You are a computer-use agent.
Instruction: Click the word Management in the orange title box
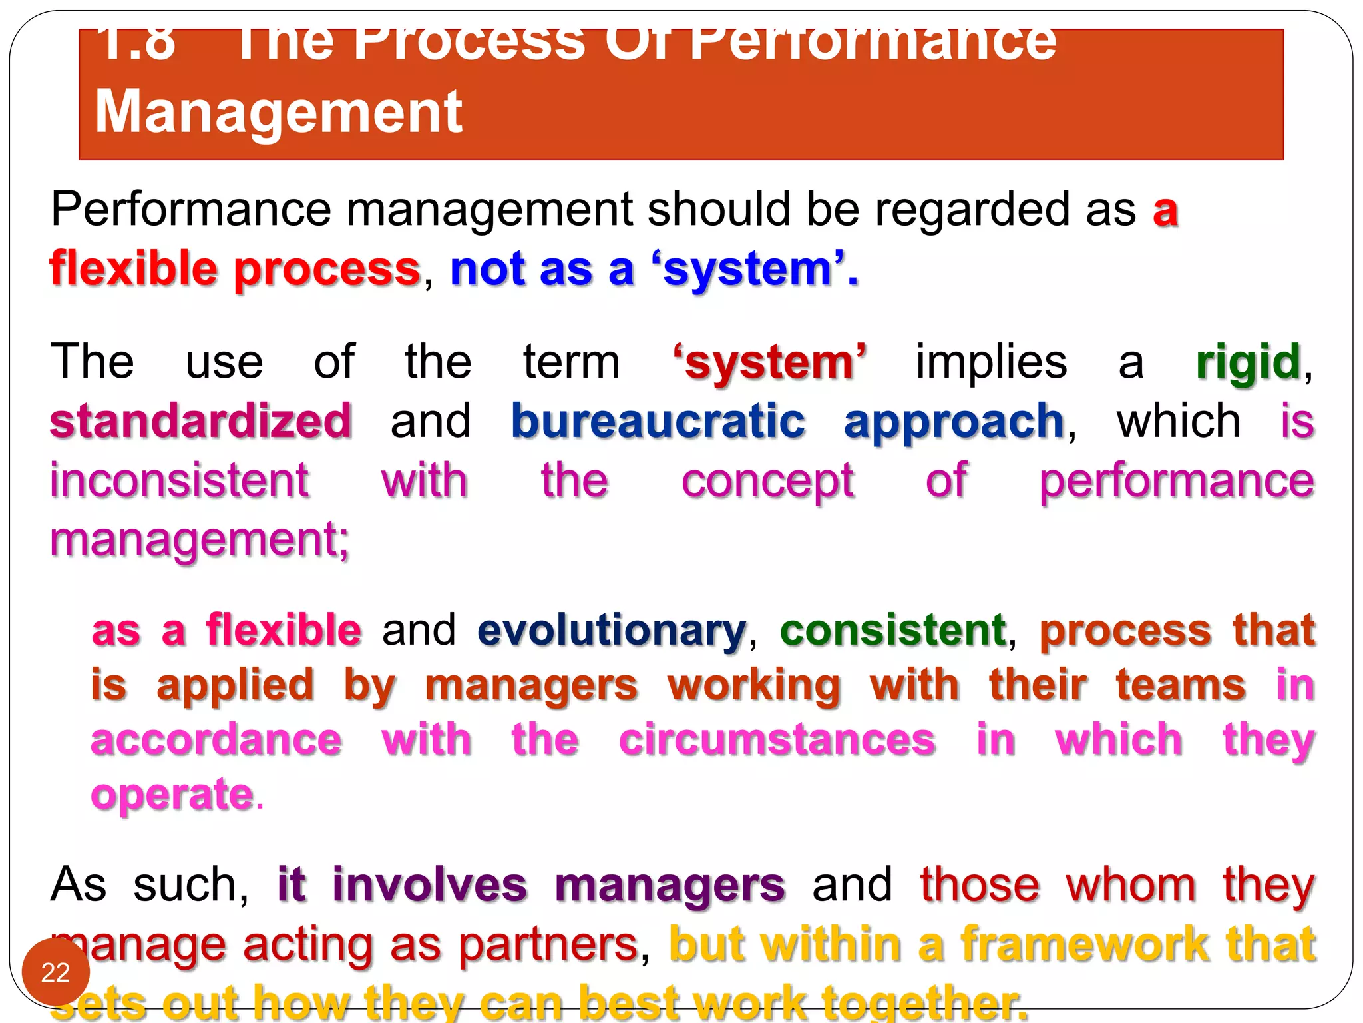[x=278, y=112]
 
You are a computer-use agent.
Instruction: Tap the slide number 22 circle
[x=55, y=972]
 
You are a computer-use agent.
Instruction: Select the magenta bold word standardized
[x=200, y=422]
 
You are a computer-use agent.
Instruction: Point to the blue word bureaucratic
[x=658, y=422]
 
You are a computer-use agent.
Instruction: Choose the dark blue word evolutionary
[x=612, y=630]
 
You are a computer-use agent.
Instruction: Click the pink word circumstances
[x=777, y=740]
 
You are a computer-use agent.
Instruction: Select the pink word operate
[x=172, y=795]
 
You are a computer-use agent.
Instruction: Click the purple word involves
[x=429, y=886]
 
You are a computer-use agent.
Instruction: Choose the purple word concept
[x=767, y=482]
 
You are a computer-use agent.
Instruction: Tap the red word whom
[x=1131, y=886]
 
